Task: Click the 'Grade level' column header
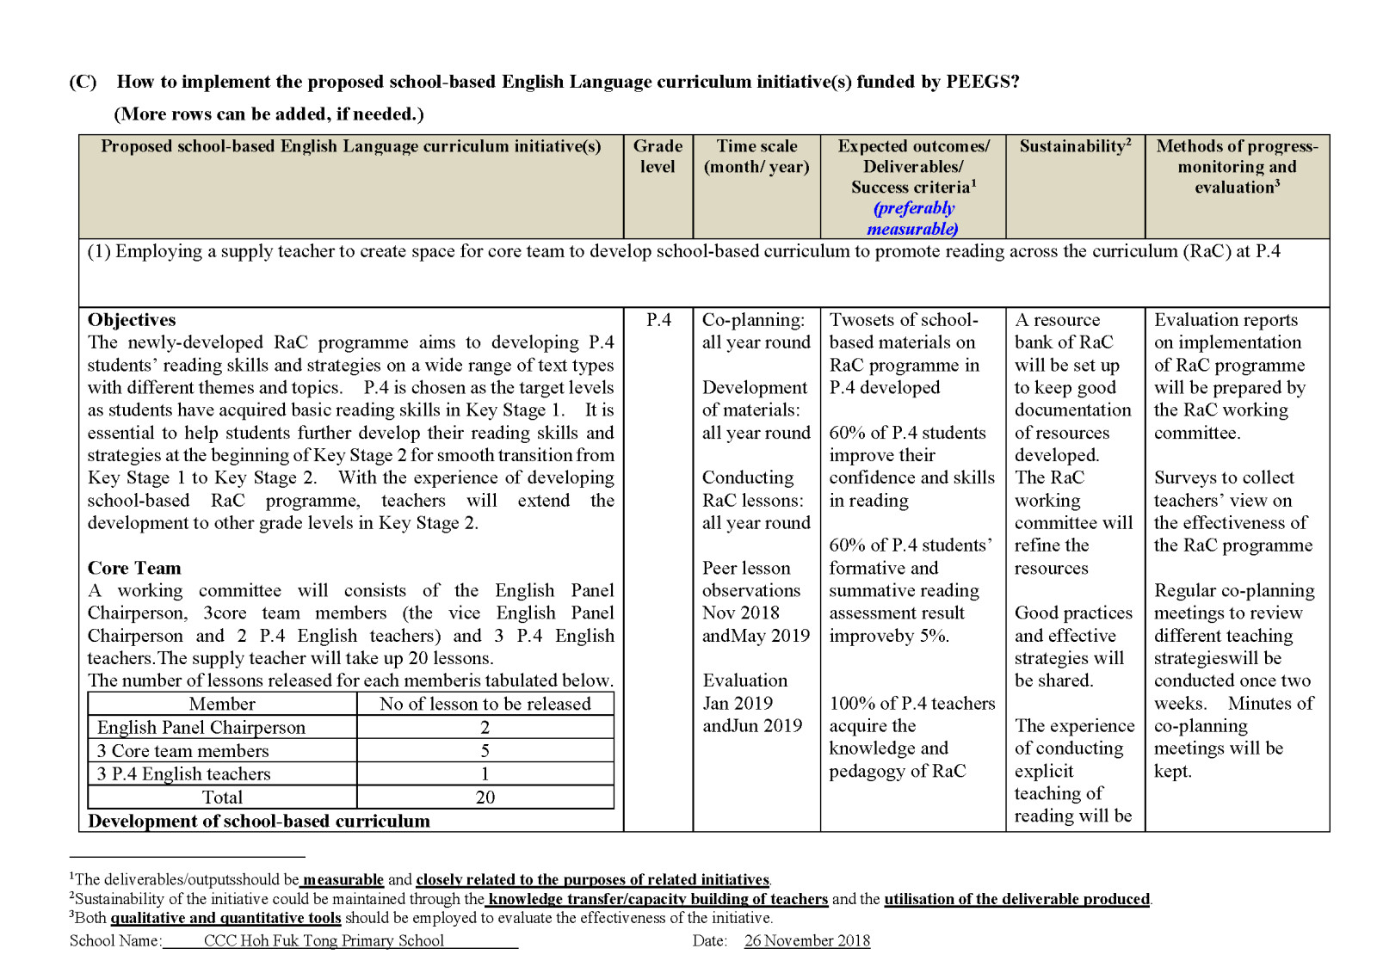click(658, 157)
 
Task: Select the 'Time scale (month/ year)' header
click(756, 157)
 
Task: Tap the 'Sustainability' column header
click(1075, 146)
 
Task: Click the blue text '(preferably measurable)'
click(913, 219)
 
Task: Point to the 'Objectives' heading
click(132, 320)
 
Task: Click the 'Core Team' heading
click(134, 568)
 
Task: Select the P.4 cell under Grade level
click(658, 320)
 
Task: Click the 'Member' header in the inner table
click(222, 704)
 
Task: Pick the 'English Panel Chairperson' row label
click(201, 728)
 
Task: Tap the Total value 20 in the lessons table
click(485, 797)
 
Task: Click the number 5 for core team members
click(485, 751)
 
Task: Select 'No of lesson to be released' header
click(485, 704)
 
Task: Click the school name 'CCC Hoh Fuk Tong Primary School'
click(324, 940)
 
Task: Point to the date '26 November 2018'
click(807, 940)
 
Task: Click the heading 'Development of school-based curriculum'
click(258, 821)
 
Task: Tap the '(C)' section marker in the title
click(83, 82)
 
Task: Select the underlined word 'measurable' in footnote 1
click(343, 879)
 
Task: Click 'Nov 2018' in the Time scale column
click(741, 613)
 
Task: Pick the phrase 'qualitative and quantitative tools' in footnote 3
click(225, 918)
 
